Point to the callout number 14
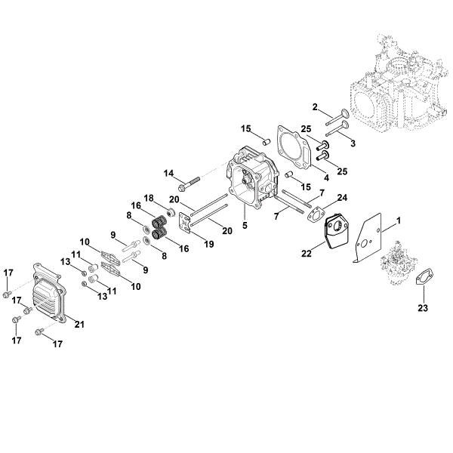[x=168, y=173]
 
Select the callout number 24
[x=341, y=199]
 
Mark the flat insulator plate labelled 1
[x=371, y=226]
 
